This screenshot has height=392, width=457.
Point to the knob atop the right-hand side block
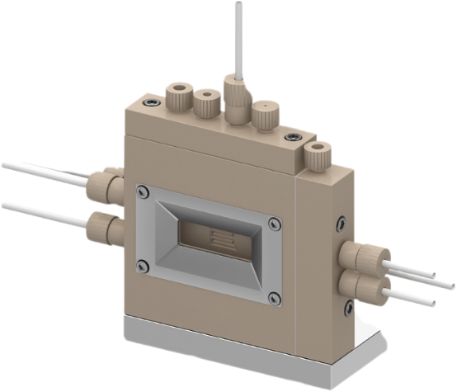(x=315, y=154)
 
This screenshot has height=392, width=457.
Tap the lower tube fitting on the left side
(x=103, y=223)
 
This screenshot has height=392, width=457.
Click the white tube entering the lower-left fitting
(x=41, y=208)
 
